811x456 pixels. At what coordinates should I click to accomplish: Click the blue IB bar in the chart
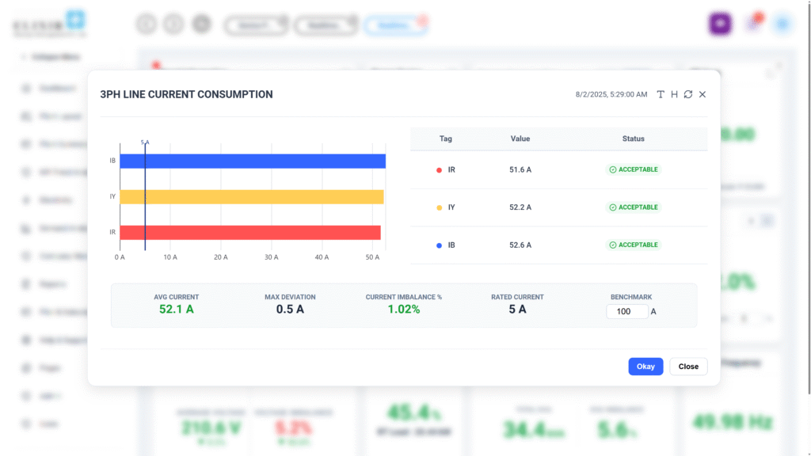pos(253,161)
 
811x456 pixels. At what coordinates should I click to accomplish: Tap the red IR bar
pos(250,233)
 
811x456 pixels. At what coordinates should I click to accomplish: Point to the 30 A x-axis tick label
pos(271,257)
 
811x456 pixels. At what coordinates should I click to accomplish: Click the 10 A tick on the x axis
pos(170,257)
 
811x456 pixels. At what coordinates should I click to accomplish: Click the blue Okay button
pos(645,367)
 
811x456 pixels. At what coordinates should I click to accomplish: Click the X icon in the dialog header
pos(702,95)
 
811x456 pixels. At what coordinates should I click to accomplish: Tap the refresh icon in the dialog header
pos(688,95)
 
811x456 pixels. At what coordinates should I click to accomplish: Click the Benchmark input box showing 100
pos(627,312)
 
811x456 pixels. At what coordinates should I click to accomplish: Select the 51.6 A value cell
pos(520,169)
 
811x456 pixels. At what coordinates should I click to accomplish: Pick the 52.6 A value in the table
pos(520,245)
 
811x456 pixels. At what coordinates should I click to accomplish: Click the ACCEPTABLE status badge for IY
pos(634,207)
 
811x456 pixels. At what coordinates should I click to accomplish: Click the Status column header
pos(634,139)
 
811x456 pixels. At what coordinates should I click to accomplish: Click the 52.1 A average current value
pos(177,310)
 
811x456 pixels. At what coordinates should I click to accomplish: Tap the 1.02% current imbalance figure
pos(404,310)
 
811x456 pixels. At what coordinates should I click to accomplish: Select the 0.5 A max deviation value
pos(290,310)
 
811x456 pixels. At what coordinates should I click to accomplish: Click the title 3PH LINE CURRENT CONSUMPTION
pos(186,94)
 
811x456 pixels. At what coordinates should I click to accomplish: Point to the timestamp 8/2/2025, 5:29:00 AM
pos(611,95)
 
